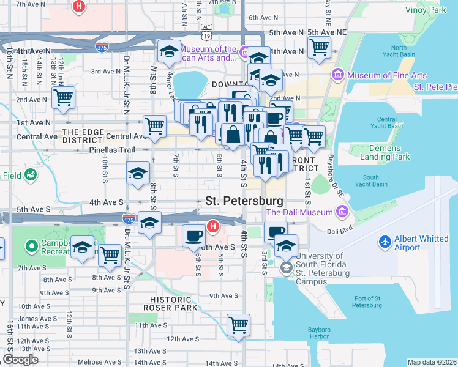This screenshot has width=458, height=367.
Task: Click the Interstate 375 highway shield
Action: (x=103, y=46)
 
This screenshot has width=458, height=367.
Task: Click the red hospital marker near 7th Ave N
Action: (x=78, y=7)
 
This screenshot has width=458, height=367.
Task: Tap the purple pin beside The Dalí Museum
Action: (x=342, y=212)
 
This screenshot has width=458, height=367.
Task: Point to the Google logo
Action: (x=20, y=360)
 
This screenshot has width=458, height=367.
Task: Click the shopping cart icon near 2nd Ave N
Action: (x=63, y=97)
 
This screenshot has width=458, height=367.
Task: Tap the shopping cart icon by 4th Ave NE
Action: (x=319, y=47)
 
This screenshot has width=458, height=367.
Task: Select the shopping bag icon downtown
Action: (x=233, y=134)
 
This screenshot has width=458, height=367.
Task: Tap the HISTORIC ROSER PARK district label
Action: (x=171, y=303)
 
